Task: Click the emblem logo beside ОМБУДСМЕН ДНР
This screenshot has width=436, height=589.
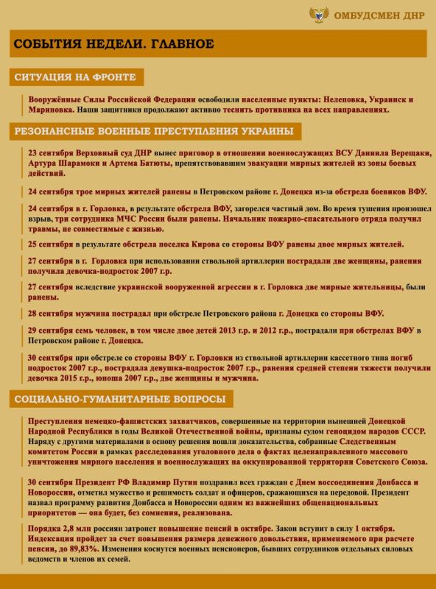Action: click(x=320, y=15)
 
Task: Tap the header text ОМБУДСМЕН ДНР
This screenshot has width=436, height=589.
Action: click(x=379, y=15)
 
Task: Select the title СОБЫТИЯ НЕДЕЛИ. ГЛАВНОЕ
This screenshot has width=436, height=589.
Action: click(x=114, y=44)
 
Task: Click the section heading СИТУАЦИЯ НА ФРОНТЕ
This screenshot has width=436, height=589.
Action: click(x=77, y=77)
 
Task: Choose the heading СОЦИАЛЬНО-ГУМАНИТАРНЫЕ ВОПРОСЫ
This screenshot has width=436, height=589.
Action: click(x=120, y=399)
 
